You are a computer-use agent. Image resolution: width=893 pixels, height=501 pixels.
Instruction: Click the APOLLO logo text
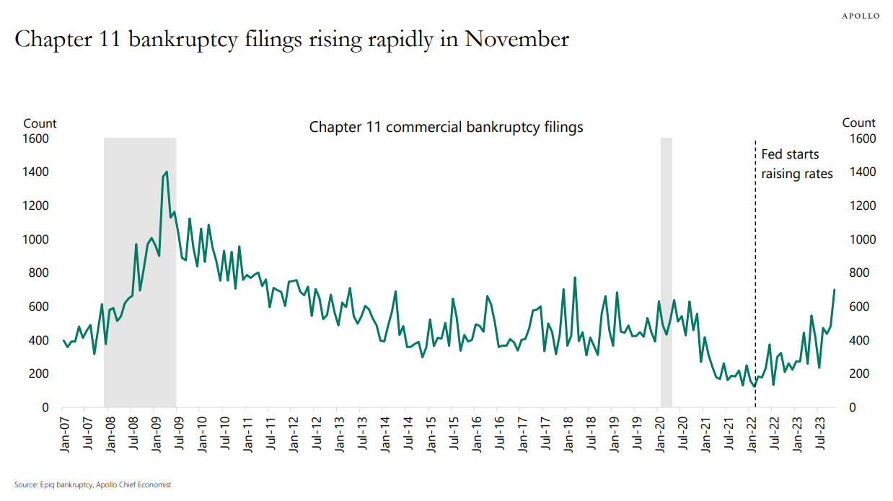(861, 16)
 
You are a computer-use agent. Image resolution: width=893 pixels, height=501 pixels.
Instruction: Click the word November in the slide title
(516, 39)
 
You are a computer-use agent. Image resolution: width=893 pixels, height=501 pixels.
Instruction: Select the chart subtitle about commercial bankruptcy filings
(446, 128)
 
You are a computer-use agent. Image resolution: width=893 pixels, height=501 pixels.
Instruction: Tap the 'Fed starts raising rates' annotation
(796, 164)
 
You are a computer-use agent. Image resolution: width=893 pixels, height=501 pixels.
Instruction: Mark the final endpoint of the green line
(835, 290)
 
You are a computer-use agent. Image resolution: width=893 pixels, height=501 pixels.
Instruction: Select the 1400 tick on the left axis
(36, 172)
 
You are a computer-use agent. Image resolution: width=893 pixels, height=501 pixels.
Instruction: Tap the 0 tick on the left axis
(44, 408)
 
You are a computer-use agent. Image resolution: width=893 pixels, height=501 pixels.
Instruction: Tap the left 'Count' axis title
(40, 123)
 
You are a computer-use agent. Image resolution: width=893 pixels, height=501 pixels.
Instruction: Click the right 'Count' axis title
(858, 123)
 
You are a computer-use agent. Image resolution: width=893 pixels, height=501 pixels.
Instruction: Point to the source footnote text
(93, 485)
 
